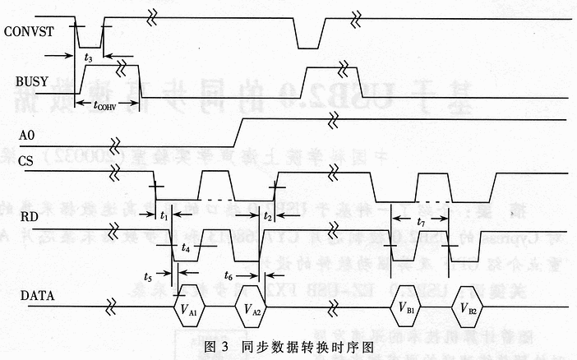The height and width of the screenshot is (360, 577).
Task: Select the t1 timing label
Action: tap(164, 215)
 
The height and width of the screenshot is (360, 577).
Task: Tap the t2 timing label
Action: tap(268, 215)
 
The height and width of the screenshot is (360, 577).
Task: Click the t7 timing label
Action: tap(421, 222)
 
